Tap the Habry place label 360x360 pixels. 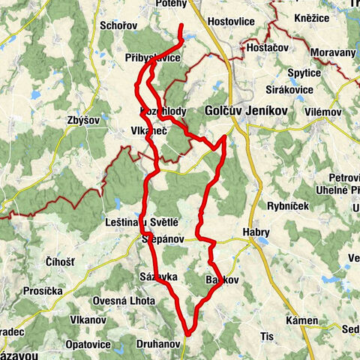click(256, 232)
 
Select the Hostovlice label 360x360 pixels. click(234, 22)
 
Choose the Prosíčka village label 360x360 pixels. click(43, 289)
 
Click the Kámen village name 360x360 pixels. click(302, 320)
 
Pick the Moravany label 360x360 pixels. click(328, 54)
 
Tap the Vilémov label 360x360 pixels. click(323, 111)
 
